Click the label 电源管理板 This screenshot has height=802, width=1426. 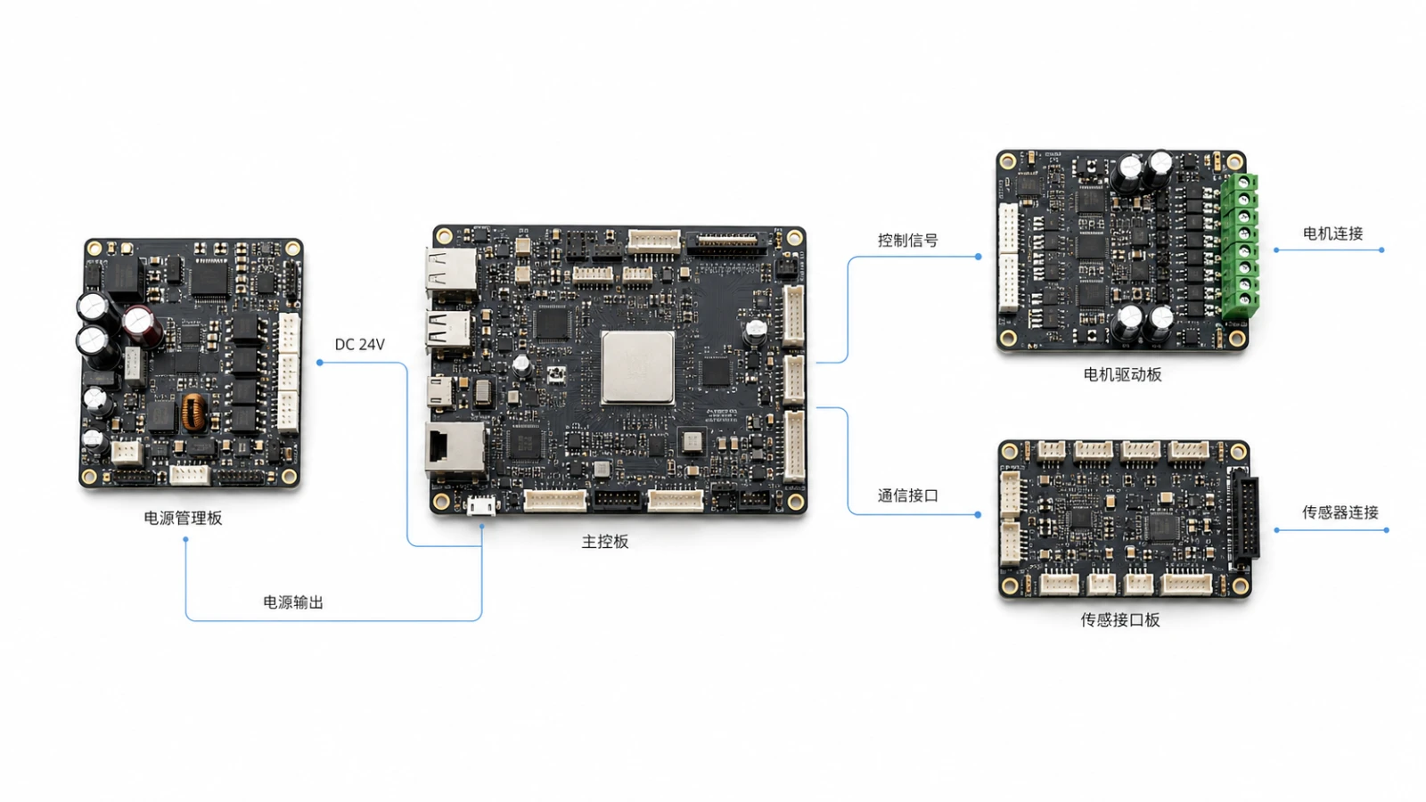point(183,518)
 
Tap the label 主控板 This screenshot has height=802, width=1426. point(605,542)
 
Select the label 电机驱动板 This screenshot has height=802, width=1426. point(1122,374)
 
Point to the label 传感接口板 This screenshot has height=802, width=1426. point(1119,620)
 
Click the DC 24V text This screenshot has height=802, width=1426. point(360,344)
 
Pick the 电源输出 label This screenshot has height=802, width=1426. point(293,602)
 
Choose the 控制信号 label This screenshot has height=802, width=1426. point(908,241)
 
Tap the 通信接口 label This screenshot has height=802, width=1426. point(908,495)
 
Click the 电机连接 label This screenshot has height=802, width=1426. point(1333,233)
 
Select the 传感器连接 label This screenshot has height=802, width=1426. point(1340,512)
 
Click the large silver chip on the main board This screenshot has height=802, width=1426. point(638,367)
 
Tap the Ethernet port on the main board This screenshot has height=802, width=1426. point(454,451)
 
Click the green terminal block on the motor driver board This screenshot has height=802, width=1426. point(1240,246)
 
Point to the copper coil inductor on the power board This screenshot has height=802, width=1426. point(193,412)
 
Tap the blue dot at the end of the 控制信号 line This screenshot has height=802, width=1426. point(979,257)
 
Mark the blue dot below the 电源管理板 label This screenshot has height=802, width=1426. point(185,540)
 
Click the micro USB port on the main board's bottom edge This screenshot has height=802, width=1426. point(481,505)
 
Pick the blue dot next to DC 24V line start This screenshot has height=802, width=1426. point(320,362)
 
